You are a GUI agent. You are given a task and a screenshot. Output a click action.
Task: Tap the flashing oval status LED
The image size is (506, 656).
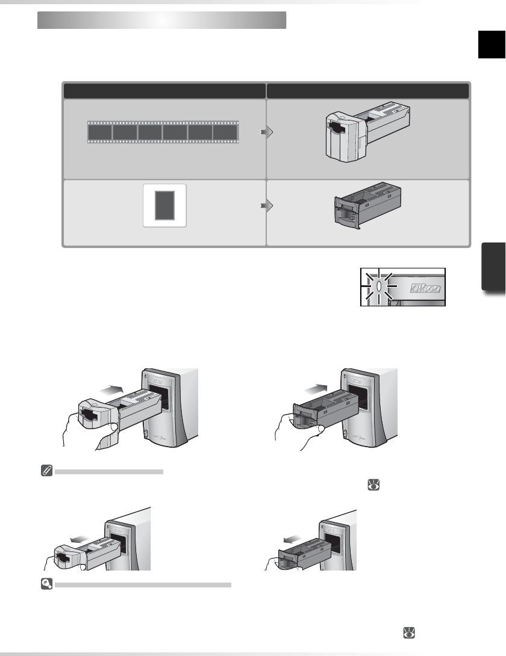pyautogui.click(x=378, y=286)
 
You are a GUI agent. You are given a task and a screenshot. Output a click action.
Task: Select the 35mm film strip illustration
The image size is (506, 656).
pyautogui.click(x=163, y=132)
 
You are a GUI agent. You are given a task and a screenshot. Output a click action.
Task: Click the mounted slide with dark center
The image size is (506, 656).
pyautogui.click(x=164, y=205)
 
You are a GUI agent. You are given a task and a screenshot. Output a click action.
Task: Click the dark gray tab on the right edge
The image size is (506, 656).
pyautogui.click(x=493, y=267)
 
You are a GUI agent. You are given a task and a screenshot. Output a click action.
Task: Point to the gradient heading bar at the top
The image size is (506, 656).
pyautogui.click(x=161, y=20)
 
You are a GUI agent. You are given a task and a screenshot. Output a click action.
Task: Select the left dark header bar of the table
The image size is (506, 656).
pyautogui.click(x=164, y=91)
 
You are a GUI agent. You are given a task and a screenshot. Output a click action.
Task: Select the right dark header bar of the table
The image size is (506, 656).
pyautogui.click(x=367, y=91)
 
